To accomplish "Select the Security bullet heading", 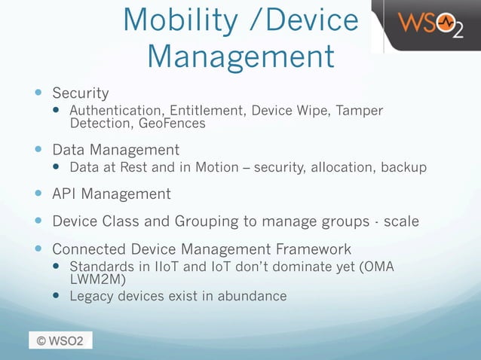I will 80,93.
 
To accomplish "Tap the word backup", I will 403,166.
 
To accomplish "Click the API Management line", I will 111,194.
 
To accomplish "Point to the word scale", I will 401,222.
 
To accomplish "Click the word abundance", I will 252,296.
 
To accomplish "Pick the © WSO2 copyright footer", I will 60,340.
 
